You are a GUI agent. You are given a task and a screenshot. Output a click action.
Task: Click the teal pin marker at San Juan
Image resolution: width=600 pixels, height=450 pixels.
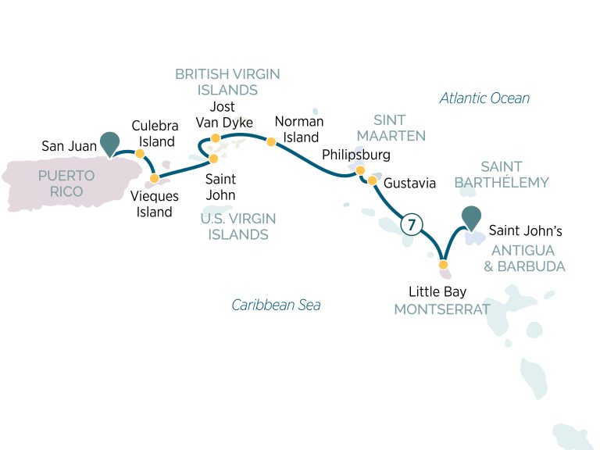click(x=111, y=142)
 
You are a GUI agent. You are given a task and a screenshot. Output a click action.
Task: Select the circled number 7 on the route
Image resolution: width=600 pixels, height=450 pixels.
click(x=409, y=224)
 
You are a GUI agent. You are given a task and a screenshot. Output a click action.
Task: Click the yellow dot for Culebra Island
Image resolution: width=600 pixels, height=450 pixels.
click(x=140, y=154)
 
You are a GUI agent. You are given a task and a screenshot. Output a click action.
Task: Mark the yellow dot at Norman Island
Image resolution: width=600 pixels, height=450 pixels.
click(x=271, y=142)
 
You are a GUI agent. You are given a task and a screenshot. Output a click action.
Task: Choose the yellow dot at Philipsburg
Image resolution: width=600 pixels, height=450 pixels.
click(x=360, y=170)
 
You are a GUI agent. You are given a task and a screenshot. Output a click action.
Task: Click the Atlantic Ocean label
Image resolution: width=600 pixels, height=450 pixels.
click(x=484, y=98)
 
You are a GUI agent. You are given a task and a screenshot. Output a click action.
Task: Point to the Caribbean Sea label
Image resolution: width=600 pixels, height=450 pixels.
click(x=276, y=305)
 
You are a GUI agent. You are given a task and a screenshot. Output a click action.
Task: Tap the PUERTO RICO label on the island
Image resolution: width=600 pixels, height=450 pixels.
click(x=66, y=184)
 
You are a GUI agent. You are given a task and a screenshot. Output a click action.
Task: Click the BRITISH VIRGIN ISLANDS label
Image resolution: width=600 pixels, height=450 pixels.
click(x=227, y=82)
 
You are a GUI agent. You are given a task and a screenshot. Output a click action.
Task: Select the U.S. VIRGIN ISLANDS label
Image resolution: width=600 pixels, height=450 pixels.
click(x=238, y=227)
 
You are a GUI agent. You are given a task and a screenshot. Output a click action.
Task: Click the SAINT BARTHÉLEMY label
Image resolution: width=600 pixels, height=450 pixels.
click(x=502, y=174)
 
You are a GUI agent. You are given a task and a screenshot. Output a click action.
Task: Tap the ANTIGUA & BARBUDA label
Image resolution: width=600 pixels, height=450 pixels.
click(x=528, y=258)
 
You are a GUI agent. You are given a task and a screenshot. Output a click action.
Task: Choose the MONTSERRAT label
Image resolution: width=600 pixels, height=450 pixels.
click(x=441, y=309)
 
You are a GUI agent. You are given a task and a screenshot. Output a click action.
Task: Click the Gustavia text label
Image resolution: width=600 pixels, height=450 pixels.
click(x=410, y=184)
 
